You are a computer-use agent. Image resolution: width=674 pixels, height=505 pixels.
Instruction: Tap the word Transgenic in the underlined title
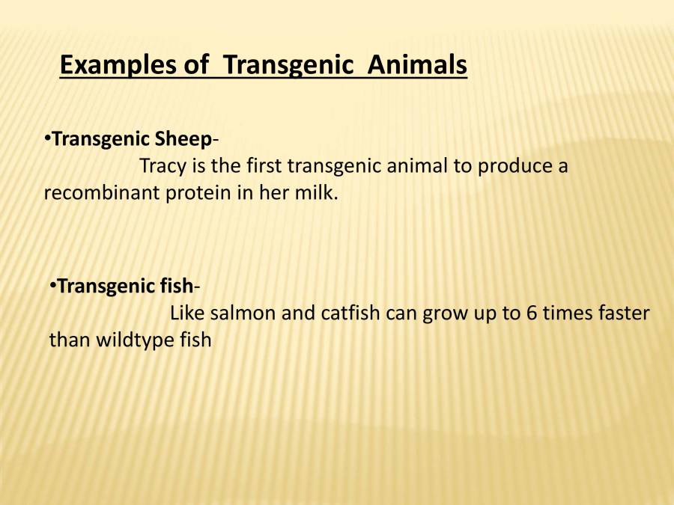[288, 65]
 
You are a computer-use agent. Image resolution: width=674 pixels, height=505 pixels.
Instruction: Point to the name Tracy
[163, 165]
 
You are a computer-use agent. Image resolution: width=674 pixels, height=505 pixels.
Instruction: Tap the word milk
[320, 192]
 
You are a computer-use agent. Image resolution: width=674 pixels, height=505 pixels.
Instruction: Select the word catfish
[351, 313]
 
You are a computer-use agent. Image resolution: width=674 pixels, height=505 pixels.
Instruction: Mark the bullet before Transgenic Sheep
[47, 138]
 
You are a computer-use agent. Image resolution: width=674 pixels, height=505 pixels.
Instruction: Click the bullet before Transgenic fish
[53, 286]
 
